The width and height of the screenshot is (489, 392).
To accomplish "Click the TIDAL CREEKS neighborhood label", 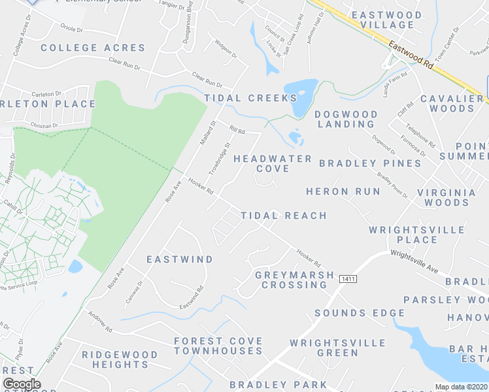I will tap(250, 98).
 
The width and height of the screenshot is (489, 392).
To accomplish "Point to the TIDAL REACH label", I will tap(284, 215).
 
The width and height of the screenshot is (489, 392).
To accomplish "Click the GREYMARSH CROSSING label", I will tap(294, 280).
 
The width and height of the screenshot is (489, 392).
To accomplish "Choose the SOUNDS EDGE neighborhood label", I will tap(360, 313).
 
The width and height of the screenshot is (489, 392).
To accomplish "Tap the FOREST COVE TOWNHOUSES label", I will tap(218, 346).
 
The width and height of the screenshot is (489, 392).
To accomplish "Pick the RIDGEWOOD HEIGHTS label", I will tap(120, 359).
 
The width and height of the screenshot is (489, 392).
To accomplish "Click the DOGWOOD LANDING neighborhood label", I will tap(346, 119).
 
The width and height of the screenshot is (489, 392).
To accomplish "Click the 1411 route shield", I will tap(348, 279).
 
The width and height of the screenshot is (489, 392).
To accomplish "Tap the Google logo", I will tap(22, 384).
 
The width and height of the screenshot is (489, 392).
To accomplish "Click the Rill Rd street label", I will tap(236, 130).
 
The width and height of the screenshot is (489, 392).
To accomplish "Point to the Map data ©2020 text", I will tap(460, 387).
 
